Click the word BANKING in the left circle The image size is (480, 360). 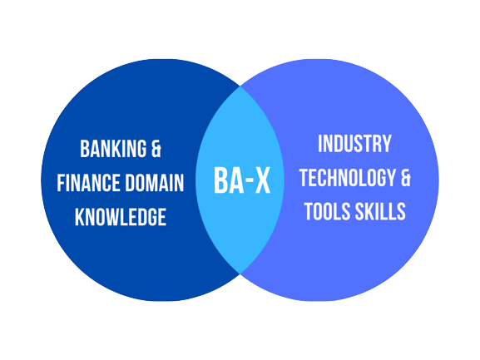pos(113,149)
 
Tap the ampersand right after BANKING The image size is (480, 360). pos(156,149)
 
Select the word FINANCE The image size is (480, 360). pos(88,183)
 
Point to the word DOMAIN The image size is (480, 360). pos(154,183)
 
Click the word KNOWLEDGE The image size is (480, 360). pos(121,217)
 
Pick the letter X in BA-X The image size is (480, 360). pos(263,180)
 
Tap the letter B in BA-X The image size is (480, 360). pos(221,180)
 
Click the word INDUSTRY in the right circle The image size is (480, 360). pos(354,144)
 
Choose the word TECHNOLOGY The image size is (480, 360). pos(348,178)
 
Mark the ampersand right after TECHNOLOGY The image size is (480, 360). pos(406,178)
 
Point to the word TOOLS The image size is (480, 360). pos(328,211)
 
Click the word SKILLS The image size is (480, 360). pos(381,211)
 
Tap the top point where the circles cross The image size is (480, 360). pos(240,86)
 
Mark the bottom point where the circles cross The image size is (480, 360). pos(240,274)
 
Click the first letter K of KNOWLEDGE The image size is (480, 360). pos(80,217)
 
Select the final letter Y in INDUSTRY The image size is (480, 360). pos(387,144)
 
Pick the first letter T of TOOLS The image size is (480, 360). pos(309,211)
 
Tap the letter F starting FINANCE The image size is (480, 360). pos(61,183)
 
